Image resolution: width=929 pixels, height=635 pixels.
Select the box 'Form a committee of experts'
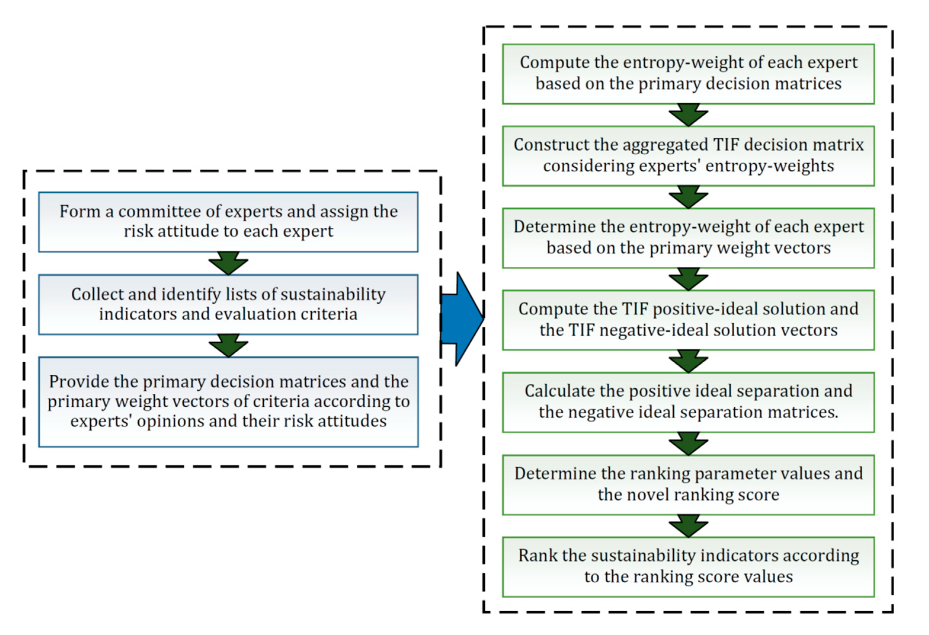point(228,222)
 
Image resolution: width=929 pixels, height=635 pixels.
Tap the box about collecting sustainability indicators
point(228,304)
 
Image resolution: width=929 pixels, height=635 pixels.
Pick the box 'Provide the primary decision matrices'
point(228,401)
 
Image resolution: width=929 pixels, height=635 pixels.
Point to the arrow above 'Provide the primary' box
point(228,345)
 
